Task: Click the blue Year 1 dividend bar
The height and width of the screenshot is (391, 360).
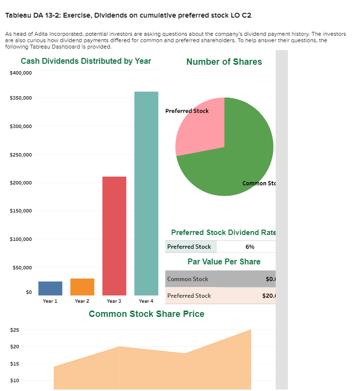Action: click(x=50, y=288)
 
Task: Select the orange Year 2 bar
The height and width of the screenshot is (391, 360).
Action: click(x=82, y=287)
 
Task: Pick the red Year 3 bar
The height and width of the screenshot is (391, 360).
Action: click(x=114, y=235)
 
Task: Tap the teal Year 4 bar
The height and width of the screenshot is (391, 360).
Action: click(x=146, y=193)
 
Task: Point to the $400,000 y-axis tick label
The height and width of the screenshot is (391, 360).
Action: click(x=21, y=73)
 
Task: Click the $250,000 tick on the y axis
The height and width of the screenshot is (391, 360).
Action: click(x=21, y=155)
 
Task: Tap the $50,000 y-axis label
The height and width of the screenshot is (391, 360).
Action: click(x=23, y=268)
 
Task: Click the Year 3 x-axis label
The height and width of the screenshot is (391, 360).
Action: click(x=114, y=301)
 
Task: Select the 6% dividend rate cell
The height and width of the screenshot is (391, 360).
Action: click(x=250, y=247)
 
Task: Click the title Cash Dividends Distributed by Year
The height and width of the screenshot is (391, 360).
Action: click(x=86, y=61)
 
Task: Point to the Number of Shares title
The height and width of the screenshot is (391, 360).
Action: click(x=224, y=62)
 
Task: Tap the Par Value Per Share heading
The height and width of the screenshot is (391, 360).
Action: click(x=224, y=261)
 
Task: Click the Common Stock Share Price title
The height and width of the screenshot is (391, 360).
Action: click(x=147, y=314)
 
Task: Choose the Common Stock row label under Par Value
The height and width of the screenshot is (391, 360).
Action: click(x=188, y=279)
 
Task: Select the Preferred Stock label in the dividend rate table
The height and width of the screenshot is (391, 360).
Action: click(x=189, y=247)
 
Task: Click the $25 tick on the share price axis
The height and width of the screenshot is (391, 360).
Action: click(x=15, y=330)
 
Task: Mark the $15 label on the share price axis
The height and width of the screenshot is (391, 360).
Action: click(x=15, y=364)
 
